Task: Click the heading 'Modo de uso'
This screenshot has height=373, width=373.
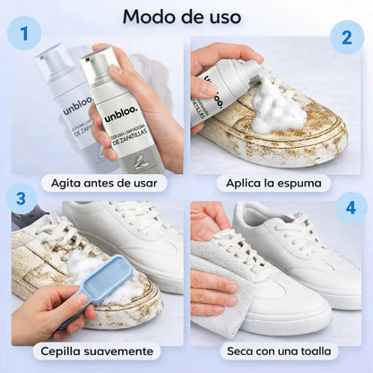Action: (x=181, y=16)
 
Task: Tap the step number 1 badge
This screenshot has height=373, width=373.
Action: (x=30, y=37)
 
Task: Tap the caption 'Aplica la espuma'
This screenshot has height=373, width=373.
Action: (x=273, y=183)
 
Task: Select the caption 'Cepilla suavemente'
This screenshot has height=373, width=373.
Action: (x=97, y=351)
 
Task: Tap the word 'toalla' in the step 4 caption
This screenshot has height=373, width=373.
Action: (x=316, y=351)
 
